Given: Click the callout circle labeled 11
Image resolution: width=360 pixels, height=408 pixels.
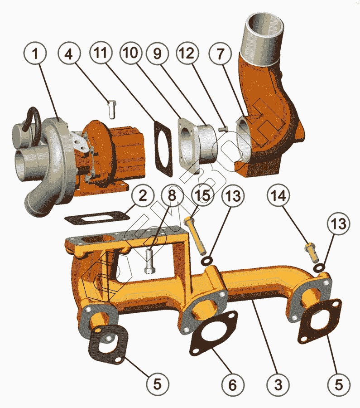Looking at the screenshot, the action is click(x=101, y=55).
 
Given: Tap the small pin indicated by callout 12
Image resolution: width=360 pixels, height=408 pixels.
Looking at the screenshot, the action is click(x=222, y=129).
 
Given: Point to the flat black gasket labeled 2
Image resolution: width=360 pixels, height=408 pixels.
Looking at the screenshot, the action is click(x=95, y=218).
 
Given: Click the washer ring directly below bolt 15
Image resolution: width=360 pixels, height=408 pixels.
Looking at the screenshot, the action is click(x=206, y=260).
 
